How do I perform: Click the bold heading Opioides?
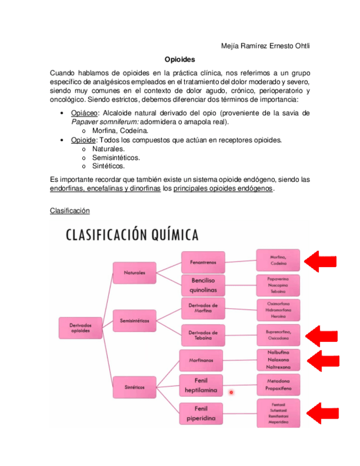180,59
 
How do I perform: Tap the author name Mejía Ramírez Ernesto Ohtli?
265,45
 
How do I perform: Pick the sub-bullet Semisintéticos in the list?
116,157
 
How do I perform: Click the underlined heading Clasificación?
69,210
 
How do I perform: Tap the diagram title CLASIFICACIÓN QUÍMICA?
132,235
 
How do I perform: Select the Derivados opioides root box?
81,328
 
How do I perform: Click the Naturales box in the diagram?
134,273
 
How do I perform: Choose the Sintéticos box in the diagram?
134,387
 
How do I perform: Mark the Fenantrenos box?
203,262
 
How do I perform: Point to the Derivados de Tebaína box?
203,335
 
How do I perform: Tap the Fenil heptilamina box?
201,385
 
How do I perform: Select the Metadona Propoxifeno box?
279,385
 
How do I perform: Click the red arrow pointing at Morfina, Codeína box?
320,260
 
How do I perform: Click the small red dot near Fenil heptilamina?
231,392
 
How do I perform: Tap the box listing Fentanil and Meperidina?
279,414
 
